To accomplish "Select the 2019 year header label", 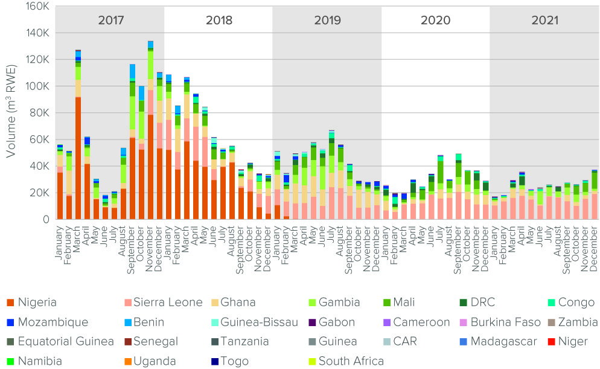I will click(327, 20).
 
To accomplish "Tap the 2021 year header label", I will click(544, 20).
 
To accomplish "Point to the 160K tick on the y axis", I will click(38, 7).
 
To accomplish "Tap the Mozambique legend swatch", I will click(10, 322).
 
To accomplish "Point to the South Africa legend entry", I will click(351, 361).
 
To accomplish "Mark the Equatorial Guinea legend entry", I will click(65, 342).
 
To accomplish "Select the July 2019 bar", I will click(331, 175).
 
